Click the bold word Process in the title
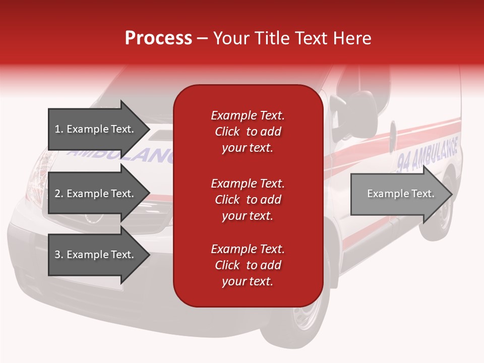point(158,38)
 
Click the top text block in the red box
point(248,132)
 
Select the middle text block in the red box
point(248,200)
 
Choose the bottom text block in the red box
point(248,265)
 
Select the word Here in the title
point(352,38)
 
